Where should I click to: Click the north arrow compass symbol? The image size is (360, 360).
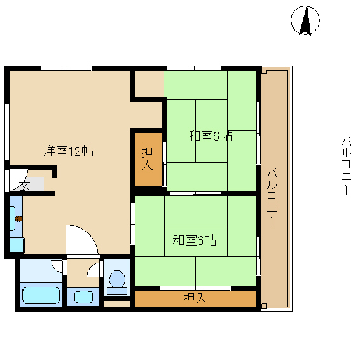[305, 20]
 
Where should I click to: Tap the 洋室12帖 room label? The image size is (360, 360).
[69, 151]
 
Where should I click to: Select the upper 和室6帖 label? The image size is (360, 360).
[211, 136]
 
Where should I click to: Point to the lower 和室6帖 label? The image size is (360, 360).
[194, 240]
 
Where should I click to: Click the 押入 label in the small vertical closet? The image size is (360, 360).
[147, 158]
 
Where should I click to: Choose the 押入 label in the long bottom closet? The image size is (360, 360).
[195, 298]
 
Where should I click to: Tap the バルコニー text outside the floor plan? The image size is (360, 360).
[346, 166]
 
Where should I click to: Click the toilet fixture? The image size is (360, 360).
[117, 282]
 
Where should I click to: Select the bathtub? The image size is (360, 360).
[41, 296]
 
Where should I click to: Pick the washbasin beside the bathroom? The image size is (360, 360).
[83, 297]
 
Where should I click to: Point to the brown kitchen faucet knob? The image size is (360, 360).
[19, 219]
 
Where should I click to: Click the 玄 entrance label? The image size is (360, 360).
[24, 186]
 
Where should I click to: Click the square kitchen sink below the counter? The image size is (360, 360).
[17, 246]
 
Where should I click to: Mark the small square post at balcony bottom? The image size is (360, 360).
[264, 307]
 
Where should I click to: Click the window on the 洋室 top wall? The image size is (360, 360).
[66, 68]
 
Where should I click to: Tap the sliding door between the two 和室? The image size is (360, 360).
[196, 194]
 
